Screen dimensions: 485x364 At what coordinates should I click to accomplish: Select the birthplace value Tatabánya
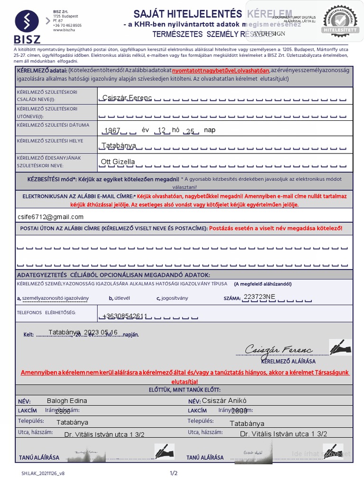pyautogui.click(x=118, y=145)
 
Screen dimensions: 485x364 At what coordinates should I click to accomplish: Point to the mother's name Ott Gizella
pyautogui.click(x=118, y=162)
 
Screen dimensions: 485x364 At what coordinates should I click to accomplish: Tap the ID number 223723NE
pyautogui.click(x=259, y=296)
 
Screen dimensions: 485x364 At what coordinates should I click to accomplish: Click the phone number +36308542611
pyautogui.click(x=125, y=316)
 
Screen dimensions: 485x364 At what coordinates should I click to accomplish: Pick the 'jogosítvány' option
pyautogui.click(x=174, y=298)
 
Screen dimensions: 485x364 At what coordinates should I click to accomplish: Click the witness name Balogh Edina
pyautogui.click(x=67, y=401)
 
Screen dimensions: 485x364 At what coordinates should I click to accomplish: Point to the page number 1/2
pyautogui.click(x=173, y=473)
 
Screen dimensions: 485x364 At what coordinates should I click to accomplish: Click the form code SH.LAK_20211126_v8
pyautogui.click(x=43, y=473)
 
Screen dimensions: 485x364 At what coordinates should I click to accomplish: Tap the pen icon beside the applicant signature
pyautogui.click(x=340, y=348)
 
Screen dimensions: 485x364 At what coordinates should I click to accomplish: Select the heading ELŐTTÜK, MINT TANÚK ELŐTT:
pyautogui.click(x=184, y=390)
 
